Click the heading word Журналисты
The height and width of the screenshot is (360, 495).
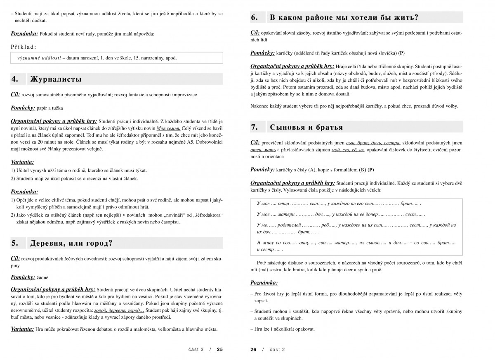pos(56,79)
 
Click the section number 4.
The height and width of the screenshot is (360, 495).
pos(14,79)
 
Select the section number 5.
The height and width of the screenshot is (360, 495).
pos(14,243)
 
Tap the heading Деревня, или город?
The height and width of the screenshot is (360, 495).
pos(71,243)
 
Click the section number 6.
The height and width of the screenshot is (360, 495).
pos(255,17)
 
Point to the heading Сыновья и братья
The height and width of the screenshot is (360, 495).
pos(306,127)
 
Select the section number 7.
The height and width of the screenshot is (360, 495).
pos(255,127)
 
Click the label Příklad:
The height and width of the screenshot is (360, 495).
pos(24,47)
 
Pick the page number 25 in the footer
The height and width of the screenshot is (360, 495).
pos(220,349)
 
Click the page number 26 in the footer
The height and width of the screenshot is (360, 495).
pos(253,349)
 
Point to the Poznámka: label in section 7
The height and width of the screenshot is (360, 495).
pos(264,283)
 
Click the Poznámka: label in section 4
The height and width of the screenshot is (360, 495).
pos(24,192)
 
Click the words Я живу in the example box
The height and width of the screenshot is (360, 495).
pos(264,243)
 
